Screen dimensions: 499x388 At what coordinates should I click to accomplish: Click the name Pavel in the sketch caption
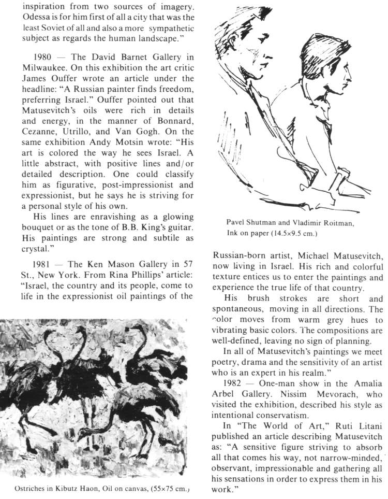click(236, 222)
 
